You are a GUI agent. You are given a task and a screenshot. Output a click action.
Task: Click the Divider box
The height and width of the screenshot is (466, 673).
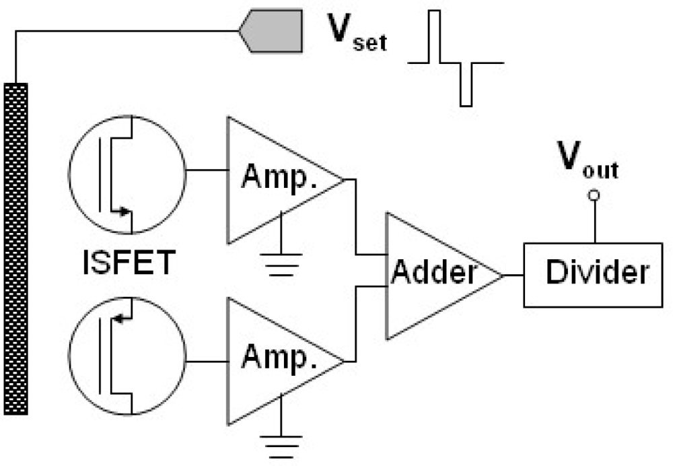596,274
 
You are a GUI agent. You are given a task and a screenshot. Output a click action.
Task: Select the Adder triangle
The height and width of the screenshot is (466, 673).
431,274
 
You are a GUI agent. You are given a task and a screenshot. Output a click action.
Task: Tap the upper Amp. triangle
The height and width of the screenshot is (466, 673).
276,180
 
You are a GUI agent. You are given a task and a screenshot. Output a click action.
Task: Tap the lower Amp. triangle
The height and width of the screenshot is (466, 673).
276,361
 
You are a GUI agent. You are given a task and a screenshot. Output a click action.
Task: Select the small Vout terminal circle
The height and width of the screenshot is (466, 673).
594,196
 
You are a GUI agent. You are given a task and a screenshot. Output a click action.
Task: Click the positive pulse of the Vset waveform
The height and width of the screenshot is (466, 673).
435,37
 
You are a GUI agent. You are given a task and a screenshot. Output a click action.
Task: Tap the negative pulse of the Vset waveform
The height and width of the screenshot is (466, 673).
466,84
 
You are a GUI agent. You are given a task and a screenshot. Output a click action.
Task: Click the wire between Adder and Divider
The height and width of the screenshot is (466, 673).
513,275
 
